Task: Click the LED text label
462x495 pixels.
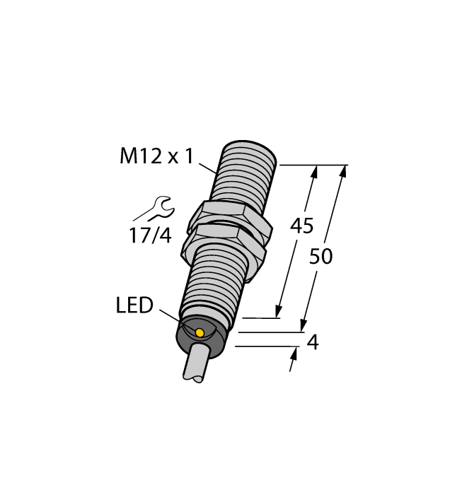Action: point(134,306)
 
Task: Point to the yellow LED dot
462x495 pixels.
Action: point(200,332)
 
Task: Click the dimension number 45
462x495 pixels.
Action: point(302,227)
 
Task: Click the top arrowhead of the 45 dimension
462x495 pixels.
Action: point(313,171)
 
